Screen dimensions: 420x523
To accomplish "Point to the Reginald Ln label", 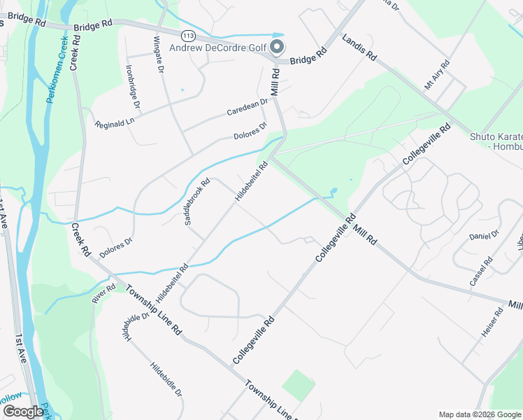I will pyautogui.click(x=114, y=120).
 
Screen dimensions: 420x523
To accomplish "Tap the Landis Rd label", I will pyautogui.click(x=359, y=46).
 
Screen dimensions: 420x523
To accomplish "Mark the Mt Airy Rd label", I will pyautogui.click(x=437, y=76).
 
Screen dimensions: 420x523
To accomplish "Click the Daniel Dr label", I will pyautogui.click(x=484, y=234).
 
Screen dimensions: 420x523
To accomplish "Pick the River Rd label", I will pyautogui.click(x=103, y=293).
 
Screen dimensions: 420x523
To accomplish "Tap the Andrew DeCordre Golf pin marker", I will pyautogui.click(x=277, y=48).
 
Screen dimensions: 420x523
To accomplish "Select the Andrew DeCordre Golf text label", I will pyautogui.click(x=220, y=48).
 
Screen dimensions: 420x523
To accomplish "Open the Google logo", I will pyautogui.click(x=22, y=412).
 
